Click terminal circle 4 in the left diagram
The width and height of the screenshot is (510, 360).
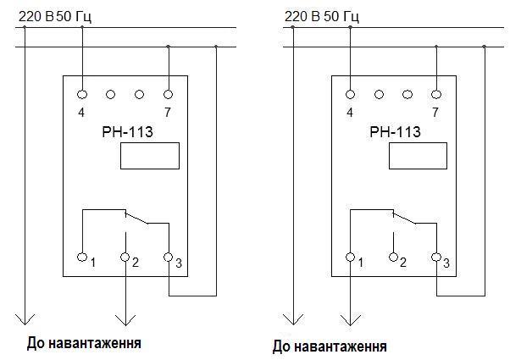coord(83,94)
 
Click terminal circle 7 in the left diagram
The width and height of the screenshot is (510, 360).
coord(168,94)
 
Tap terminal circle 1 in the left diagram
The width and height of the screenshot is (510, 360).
coord(83,256)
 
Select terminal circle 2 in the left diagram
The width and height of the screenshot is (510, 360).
coord(125,256)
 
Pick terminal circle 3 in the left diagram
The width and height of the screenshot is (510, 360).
coord(168,256)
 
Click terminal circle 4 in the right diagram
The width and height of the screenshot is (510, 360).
coord(350,94)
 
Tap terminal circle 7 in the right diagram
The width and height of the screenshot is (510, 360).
coord(435,94)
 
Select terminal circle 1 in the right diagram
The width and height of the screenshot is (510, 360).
coord(350,256)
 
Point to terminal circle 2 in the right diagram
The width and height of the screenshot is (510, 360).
coord(393,256)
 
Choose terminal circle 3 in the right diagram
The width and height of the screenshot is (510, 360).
coord(435,256)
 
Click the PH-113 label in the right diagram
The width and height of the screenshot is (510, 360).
coord(393,131)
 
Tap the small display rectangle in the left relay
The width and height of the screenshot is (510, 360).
coord(151,155)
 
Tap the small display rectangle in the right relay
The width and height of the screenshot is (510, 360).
coord(418,155)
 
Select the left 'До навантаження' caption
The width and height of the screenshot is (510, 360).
coord(84,344)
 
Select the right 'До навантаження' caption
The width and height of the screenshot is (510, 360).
coord(330,346)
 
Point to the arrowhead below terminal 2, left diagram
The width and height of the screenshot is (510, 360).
coord(125,320)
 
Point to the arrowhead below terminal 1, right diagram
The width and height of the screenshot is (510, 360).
coord(350,320)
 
